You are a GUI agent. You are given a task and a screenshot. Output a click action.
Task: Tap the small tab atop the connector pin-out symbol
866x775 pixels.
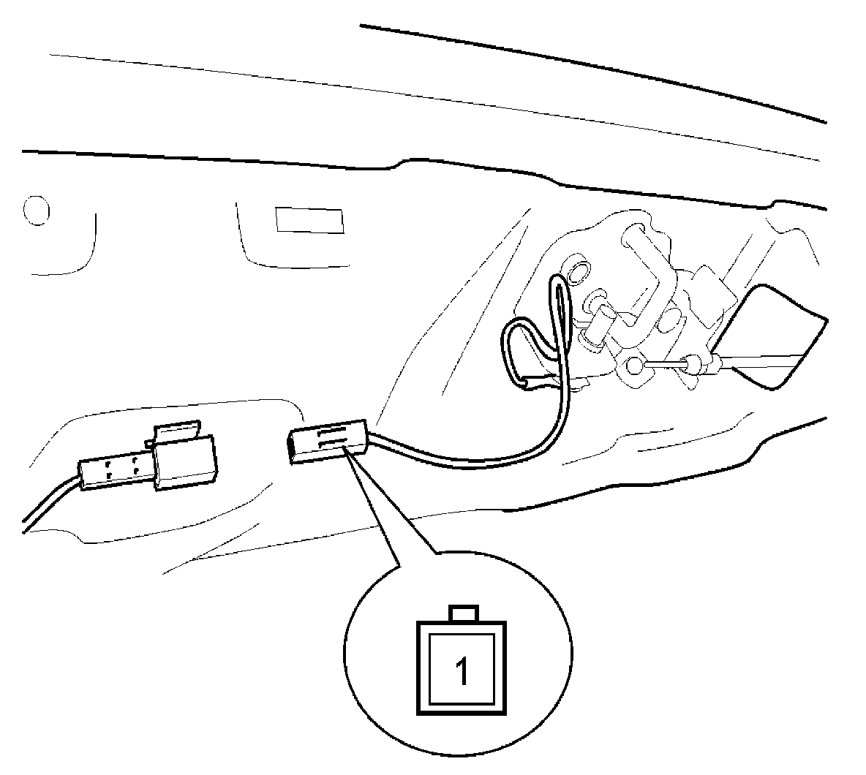coord(464,613)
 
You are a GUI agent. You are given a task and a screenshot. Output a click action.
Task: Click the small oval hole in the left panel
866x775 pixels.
coord(36,211)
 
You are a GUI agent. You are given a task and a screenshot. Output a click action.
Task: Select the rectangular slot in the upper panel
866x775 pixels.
coord(309,220)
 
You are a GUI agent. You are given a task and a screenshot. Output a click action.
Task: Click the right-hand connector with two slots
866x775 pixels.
coord(327,441)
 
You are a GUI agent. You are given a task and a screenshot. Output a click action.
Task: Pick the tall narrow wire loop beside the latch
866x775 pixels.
coord(562,322)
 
